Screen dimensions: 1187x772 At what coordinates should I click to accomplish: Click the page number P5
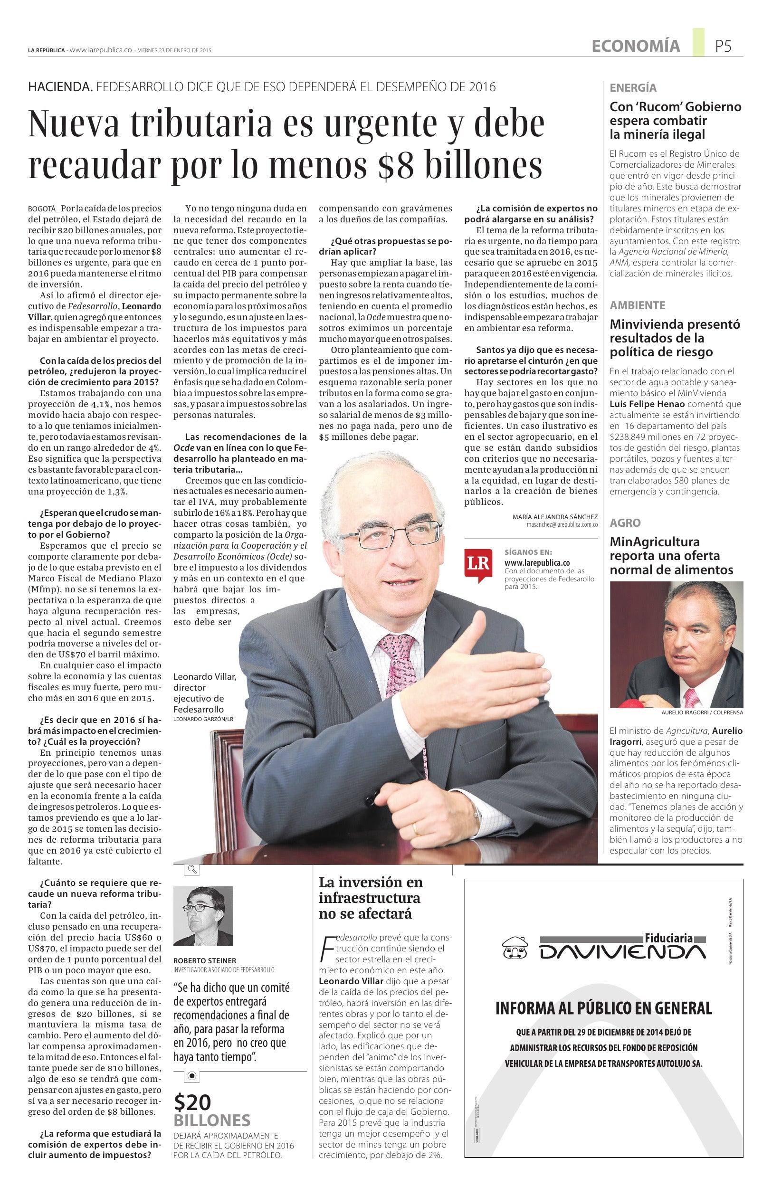[723, 47]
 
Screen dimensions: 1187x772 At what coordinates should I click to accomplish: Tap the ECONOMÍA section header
[635, 47]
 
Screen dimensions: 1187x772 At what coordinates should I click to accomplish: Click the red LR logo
[478, 565]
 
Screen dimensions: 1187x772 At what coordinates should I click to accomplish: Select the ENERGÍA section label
[633, 88]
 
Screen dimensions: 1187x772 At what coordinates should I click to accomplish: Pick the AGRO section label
[625, 522]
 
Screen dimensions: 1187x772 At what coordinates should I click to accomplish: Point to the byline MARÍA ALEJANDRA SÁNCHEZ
[554, 517]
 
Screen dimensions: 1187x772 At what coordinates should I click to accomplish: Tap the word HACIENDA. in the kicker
[60, 87]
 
